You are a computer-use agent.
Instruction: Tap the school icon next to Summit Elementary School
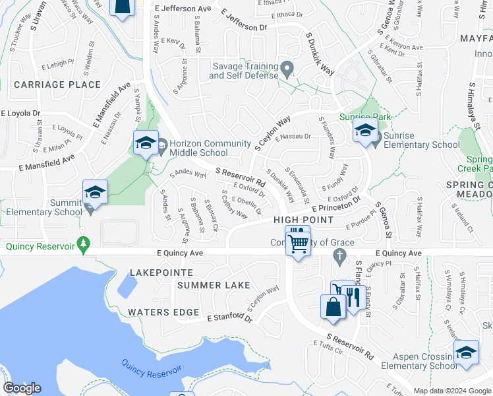95,193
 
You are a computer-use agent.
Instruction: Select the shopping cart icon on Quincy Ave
299,243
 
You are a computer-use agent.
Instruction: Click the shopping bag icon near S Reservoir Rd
333,307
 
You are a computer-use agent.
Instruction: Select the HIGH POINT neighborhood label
304,219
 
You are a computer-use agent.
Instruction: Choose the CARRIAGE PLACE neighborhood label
57,84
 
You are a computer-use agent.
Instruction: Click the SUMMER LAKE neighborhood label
214,285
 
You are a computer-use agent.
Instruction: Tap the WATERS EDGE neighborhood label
163,312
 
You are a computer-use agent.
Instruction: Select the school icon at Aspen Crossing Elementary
466,351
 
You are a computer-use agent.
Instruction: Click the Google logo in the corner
22,388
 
